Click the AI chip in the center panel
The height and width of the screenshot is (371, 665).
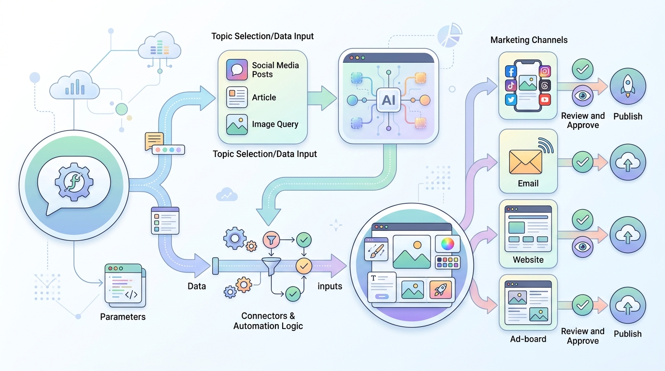pyautogui.click(x=389, y=100)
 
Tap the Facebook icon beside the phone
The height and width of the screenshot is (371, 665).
pyautogui.click(x=511, y=71)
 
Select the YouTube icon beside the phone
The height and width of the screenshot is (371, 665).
pyautogui.click(x=545, y=100)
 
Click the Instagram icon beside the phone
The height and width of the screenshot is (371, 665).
pyautogui.click(x=545, y=71)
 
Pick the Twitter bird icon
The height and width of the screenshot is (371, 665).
pyautogui.click(x=511, y=100)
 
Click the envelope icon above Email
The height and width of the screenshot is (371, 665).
pyautogui.click(x=525, y=162)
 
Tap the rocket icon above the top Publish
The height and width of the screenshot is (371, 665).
pyautogui.click(x=627, y=86)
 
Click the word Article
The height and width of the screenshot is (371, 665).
pyautogui.click(x=264, y=98)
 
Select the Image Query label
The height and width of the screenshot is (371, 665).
pyautogui.click(x=275, y=125)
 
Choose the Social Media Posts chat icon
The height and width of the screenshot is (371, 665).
pyautogui.click(x=237, y=70)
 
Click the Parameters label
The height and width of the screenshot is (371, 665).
pyautogui.click(x=123, y=317)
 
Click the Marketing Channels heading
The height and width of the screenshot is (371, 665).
pyautogui.click(x=529, y=40)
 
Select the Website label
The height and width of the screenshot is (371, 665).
pyautogui.click(x=528, y=260)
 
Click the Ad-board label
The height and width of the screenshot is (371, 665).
pyautogui.click(x=528, y=339)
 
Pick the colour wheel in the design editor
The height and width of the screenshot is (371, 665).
pyautogui.click(x=448, y=244)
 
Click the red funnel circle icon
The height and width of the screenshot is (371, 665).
pyautogui.click(x=271, y=239)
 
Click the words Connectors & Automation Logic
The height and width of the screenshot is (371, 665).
pyautogui.click(x=268, y=321)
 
